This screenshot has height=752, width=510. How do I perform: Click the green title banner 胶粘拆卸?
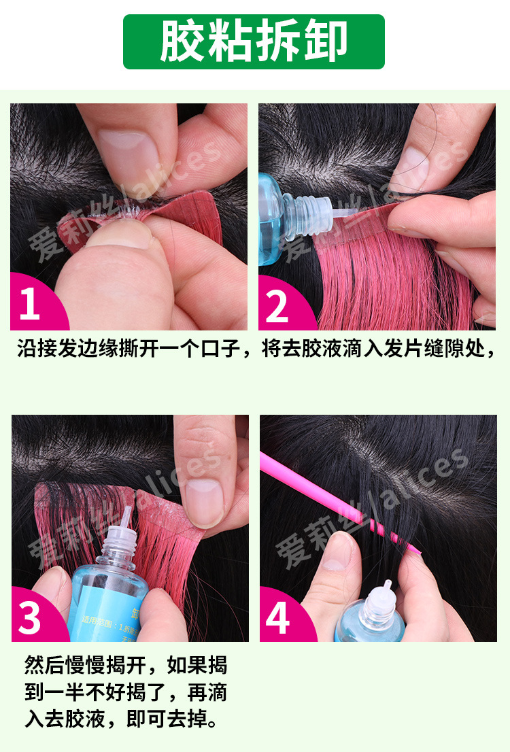click(254, 41)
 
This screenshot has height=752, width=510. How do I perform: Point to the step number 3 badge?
click(30, 618)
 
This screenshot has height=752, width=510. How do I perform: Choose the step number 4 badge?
click(278, 618)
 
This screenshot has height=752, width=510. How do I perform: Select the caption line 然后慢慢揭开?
click(125, 664)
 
